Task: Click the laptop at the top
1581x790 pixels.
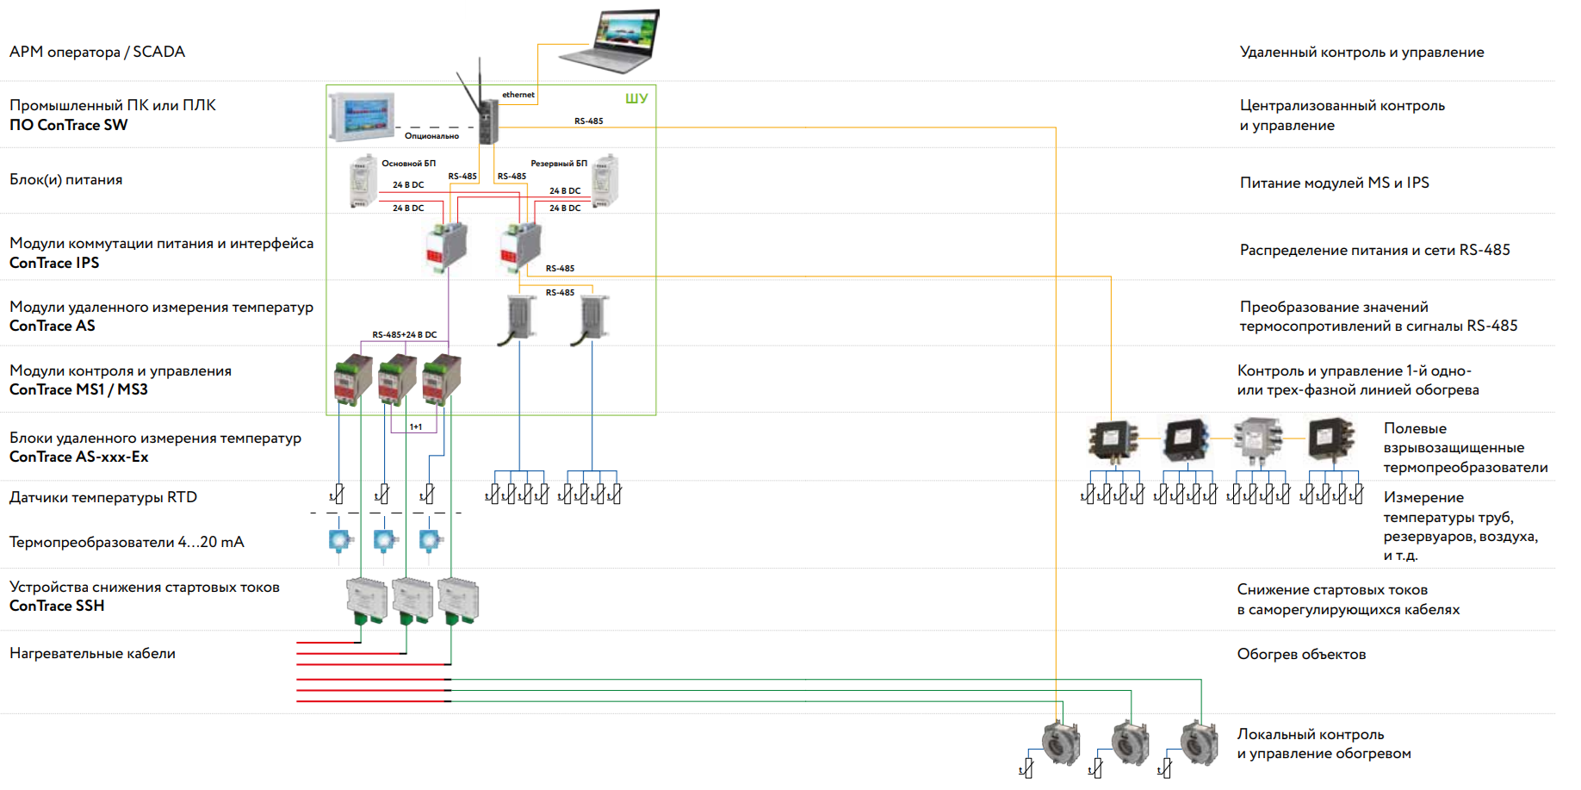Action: tap(611, 40)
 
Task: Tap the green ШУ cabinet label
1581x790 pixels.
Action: tap(636, 98)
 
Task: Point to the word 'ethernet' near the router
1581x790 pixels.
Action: tap(518, 95)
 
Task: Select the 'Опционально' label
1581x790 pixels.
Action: tap(431, 136)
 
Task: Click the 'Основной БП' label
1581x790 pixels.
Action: tap(408, 163)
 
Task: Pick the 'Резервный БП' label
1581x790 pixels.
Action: tap(558, 163)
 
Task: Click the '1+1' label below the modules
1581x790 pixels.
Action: tap(416, 426)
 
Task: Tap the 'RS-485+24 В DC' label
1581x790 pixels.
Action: tap(404, 334)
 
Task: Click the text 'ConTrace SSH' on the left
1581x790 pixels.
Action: tap(57, 606)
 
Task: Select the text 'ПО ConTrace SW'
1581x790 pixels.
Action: tap(69, 125)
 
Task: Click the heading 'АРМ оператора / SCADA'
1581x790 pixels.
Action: tap(97, 52)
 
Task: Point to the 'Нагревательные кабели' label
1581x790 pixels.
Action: tap(92, 653)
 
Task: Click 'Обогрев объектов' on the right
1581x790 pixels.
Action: tap(1301, 654)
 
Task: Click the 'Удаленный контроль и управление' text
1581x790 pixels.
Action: tap(1361, 52)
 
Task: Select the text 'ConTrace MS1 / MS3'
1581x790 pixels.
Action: tap(78, 389)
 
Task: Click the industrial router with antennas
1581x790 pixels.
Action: tap(487, 121)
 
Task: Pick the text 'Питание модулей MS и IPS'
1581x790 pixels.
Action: tap(1334, 183)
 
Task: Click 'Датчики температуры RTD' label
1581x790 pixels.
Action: tap(103, 497)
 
